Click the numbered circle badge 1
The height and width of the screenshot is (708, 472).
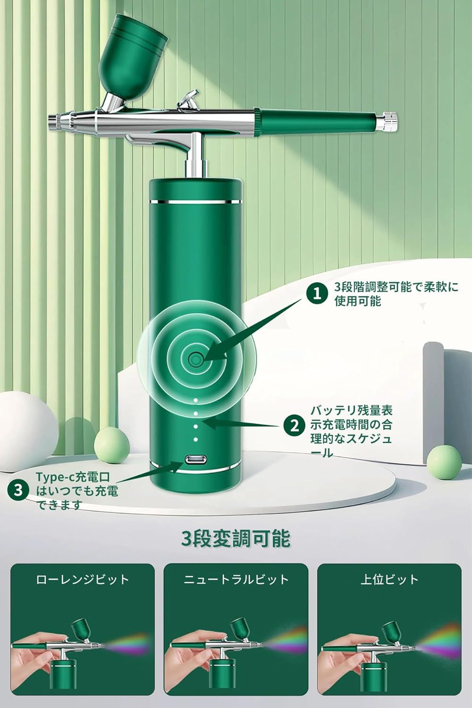[317, 294]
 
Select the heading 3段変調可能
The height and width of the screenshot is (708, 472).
[236, 538]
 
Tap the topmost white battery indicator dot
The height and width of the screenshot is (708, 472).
[195, 400]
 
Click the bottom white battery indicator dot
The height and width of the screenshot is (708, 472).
[195, 439]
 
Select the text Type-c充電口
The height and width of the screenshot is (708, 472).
[73, 476]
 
